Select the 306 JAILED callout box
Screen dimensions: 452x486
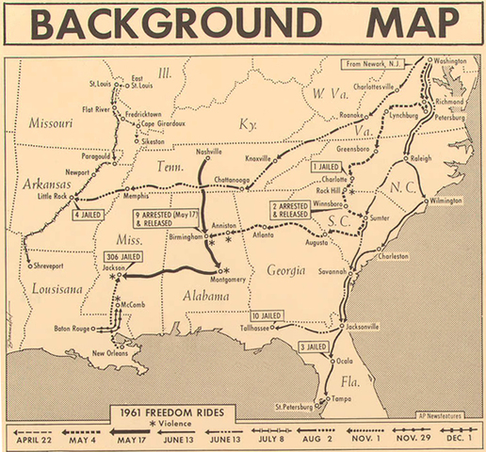coord(125,255)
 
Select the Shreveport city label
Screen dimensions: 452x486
coord(46,265)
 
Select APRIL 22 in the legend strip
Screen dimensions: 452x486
coord(31,439)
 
